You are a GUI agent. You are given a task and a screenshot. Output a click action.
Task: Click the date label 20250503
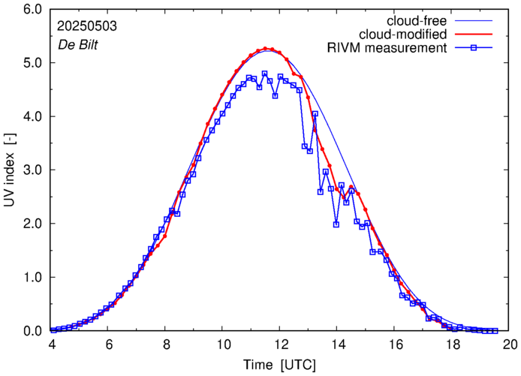86,25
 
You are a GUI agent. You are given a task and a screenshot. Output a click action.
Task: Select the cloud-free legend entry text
417,20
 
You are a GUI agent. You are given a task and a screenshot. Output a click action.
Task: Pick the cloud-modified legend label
403,35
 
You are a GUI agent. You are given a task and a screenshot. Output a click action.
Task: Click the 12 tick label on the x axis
280,344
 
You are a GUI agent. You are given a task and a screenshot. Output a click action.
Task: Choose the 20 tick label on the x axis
510,344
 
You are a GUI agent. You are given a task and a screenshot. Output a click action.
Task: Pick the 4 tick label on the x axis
51,344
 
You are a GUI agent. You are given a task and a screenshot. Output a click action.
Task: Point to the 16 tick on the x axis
395,344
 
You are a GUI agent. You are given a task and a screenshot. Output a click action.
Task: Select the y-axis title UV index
10,170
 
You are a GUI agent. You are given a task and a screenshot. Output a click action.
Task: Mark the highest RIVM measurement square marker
264,74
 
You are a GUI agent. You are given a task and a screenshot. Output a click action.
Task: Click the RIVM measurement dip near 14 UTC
336,224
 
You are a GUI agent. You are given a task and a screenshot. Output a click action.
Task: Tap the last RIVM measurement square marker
495,330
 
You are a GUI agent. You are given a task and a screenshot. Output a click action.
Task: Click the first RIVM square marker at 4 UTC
51,329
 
